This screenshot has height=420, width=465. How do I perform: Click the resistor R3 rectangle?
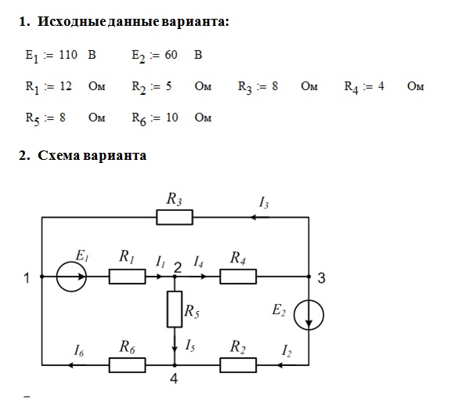[175, 216]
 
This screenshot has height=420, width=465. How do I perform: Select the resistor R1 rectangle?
[126, 277]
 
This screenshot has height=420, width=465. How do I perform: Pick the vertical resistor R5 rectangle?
[174, 310]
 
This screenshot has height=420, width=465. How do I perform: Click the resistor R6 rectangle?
[128, 364]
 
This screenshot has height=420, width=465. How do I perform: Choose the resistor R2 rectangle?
[240, 364]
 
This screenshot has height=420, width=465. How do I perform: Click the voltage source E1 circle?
[73, 277]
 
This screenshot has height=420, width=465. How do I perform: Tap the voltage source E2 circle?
[309, 317]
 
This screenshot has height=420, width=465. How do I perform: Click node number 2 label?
[178, 267]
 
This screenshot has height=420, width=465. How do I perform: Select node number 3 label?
[321, 277]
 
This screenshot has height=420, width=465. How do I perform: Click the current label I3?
[264, 203]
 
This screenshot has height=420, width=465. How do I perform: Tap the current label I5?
[189, 345]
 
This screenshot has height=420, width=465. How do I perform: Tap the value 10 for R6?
[172, 118]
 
